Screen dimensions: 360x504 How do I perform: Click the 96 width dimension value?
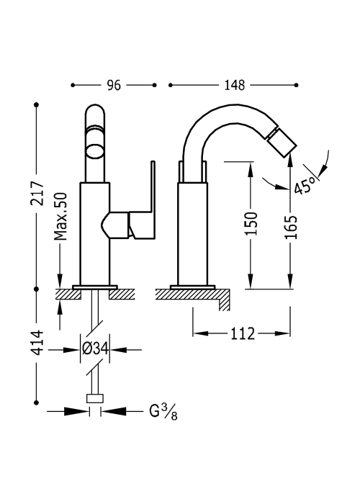tap(114, 85)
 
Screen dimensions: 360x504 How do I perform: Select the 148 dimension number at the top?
tap(234, 85)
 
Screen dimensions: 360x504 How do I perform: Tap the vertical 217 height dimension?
tap(37, 193)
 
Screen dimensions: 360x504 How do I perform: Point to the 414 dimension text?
tap(37, 342)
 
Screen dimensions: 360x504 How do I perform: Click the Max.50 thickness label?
tap(60, 216)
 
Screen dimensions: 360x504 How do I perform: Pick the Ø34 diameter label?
tap(95, 349)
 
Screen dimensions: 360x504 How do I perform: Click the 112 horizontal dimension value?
tap(243, 333)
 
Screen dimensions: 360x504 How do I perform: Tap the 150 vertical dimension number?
tap(251, 223)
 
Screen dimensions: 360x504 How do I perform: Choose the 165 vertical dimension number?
tap(291, 228)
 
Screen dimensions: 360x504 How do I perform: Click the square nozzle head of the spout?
tap(279, 143)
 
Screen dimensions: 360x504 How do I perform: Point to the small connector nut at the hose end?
tap(95, 398)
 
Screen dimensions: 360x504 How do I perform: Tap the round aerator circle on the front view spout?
tap(95, 152)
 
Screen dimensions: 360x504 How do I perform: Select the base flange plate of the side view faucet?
tap(192, 287)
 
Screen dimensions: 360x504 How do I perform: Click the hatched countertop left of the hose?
tap(68, 294)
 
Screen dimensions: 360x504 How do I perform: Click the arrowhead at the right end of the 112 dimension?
tap(283, 333)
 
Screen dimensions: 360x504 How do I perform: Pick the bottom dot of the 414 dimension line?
tap(36, 402)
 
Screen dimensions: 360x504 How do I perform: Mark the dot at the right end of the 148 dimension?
tap(297, 85)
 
